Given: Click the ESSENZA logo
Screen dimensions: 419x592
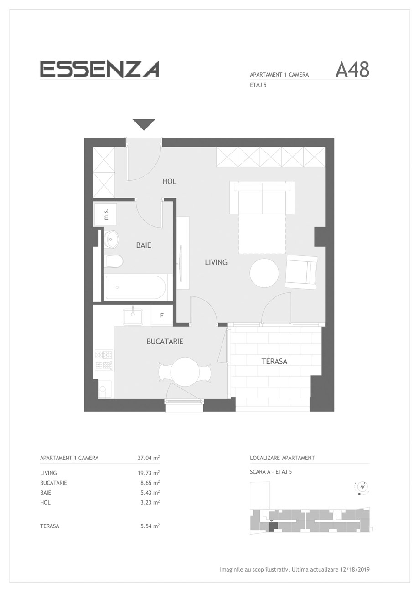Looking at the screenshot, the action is pos(99,69).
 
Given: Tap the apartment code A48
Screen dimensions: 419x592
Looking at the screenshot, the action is pos(352,70).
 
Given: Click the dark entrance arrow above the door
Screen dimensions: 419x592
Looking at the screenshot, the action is pos(144,125).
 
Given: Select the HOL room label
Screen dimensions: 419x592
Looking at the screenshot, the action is pos(169,181).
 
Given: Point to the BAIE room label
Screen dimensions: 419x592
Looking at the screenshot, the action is pos(144,245).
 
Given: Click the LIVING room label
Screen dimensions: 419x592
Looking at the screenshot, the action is pos(216,262).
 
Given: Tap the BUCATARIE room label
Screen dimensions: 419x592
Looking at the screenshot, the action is pos(165,342).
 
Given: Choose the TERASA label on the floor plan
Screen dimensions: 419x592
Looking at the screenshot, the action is pos(274,361).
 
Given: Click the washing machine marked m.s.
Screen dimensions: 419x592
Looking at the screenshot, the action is pos(106,214).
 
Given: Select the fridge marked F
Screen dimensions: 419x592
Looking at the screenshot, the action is pos(162,315).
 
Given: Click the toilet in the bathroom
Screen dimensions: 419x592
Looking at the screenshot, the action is pos(114,261).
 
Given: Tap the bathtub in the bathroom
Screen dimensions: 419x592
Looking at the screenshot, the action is pos(136,287).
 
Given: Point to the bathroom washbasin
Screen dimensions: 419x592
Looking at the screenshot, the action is pos(111,240).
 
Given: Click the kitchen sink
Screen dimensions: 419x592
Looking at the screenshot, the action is pos(133,316).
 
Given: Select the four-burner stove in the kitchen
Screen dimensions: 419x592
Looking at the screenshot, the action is pos(104,360).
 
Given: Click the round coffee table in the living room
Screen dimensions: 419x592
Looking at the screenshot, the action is pos(264,273).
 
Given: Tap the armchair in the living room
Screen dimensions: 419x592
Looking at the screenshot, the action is pos(301,272).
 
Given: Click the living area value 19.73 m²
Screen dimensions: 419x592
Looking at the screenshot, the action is pos(148,473).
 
